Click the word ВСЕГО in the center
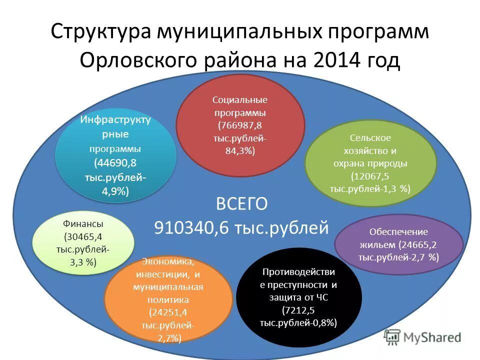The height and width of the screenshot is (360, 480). [241, 203]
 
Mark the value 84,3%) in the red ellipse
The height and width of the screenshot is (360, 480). [240, 150]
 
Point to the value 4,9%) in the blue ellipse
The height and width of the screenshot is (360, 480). [116, 191]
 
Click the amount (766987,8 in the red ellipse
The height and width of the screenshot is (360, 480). [240, 125]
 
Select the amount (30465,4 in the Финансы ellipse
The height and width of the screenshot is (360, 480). [83, 236]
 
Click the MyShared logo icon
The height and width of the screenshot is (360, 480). [393, 337]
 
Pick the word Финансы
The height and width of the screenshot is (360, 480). [83, 223]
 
